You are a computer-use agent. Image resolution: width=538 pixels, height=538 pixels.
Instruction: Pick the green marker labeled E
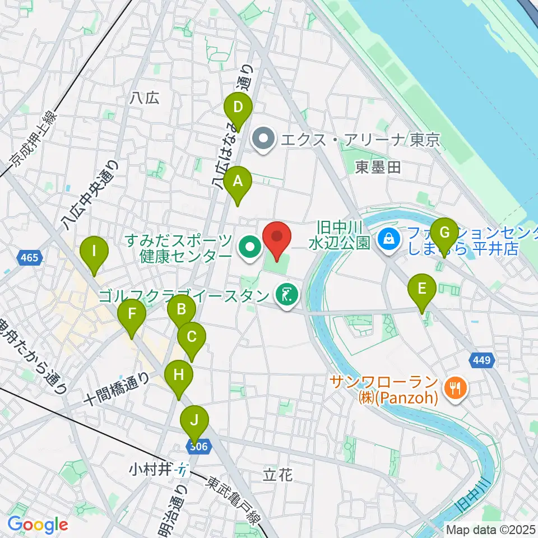coord(423,290)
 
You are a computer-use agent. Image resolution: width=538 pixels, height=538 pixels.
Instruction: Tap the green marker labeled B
coord(182,309)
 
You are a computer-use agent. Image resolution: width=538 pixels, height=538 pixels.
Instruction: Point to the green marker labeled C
coord(192,338)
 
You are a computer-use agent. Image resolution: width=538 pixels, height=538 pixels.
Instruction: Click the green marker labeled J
coord(194,421)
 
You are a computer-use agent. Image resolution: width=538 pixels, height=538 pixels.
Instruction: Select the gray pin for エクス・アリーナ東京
coord(262,138)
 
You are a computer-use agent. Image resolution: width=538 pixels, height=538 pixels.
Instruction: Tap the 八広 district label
coord(144,98)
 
